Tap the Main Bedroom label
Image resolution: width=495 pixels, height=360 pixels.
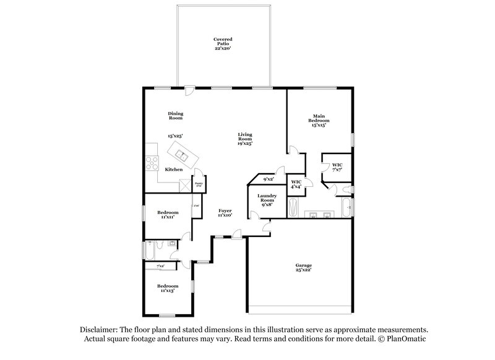click(319, 120)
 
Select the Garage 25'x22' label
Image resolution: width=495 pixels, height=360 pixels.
click(303, 267)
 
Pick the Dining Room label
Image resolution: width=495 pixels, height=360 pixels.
click(176, 115)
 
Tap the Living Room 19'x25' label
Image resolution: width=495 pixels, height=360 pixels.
click(246, 139)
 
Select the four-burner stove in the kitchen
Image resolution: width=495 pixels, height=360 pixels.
click(152, 162)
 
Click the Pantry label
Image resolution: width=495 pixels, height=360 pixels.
click(199, 183)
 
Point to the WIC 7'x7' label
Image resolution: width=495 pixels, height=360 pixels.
click(337, 167)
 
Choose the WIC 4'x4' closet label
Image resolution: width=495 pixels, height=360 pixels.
click(296, 184)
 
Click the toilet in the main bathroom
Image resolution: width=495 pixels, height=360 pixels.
click(348, 189)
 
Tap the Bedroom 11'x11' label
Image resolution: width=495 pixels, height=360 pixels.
click(167, 215)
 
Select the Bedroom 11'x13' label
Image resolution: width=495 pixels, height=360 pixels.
click(167, 288)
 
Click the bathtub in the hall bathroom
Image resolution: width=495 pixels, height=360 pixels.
click(148, 251)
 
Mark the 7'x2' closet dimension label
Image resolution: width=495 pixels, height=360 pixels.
click(160, 266)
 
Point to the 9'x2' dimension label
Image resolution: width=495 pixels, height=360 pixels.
click(268, 180)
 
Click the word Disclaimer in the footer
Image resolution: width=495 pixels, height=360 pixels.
click(101, 330)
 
